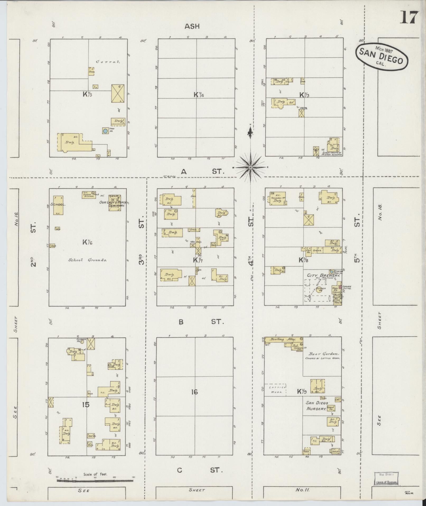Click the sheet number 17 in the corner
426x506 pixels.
pyautogui.click(x=410, y=17)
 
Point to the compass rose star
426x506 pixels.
pyautogui.click(x=251, y=167)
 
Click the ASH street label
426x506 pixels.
pyautogui.click(x=192, y=26)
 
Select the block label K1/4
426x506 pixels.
pyautogui.click(x=199, y=94)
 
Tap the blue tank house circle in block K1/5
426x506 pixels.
pyautogui.click(x=105, y=131)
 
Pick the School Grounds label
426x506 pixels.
pyautogui.click(x=87, y=260)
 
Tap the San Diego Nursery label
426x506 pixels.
pyautogui.click(x=317, y=405)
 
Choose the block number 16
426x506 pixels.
pyautogui.click(x=194, y=392)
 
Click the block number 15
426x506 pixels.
pyautogui.click(x=86, y=404)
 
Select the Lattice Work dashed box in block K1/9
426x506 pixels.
pyautogui.click(x=275, y=389)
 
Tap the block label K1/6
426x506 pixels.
pyautogui.click(x=87, y=242)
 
